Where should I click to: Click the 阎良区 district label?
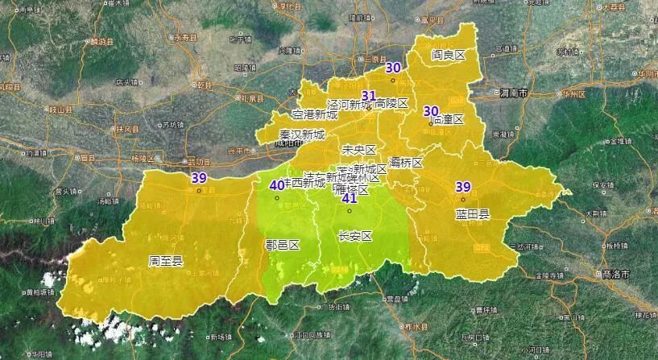tap(449, 56)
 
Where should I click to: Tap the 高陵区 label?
tap(392, 104)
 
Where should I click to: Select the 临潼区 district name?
tap(449, 119)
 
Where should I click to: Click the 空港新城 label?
tap(315, 115)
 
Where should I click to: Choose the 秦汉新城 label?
tap(302, 134)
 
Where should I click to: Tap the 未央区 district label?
tap(359, 150)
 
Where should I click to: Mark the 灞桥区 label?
tap(405, 163)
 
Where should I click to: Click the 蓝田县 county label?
tap(472, 217)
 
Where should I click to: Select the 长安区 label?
tap(354, 237)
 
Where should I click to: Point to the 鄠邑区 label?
tap(282, 245)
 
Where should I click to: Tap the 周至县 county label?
tap(166, 261)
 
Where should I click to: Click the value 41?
tap(350, 199)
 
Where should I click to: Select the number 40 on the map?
tap(276, 185)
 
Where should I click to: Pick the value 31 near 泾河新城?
tap(369, 95)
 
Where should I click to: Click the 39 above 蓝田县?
tap(463, 187)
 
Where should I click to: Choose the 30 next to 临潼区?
tap(431, 111)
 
